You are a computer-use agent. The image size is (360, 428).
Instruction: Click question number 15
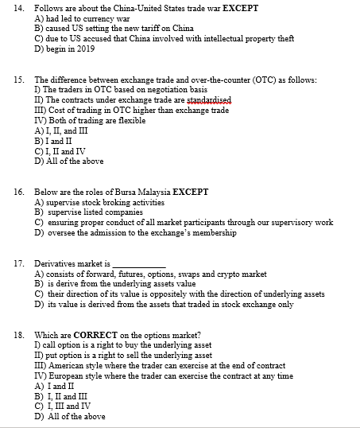click(18, 80)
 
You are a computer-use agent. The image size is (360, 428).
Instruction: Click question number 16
click(18, 193)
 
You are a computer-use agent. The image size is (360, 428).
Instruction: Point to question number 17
click(18, 263)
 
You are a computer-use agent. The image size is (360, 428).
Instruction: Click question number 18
click(18, 335)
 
